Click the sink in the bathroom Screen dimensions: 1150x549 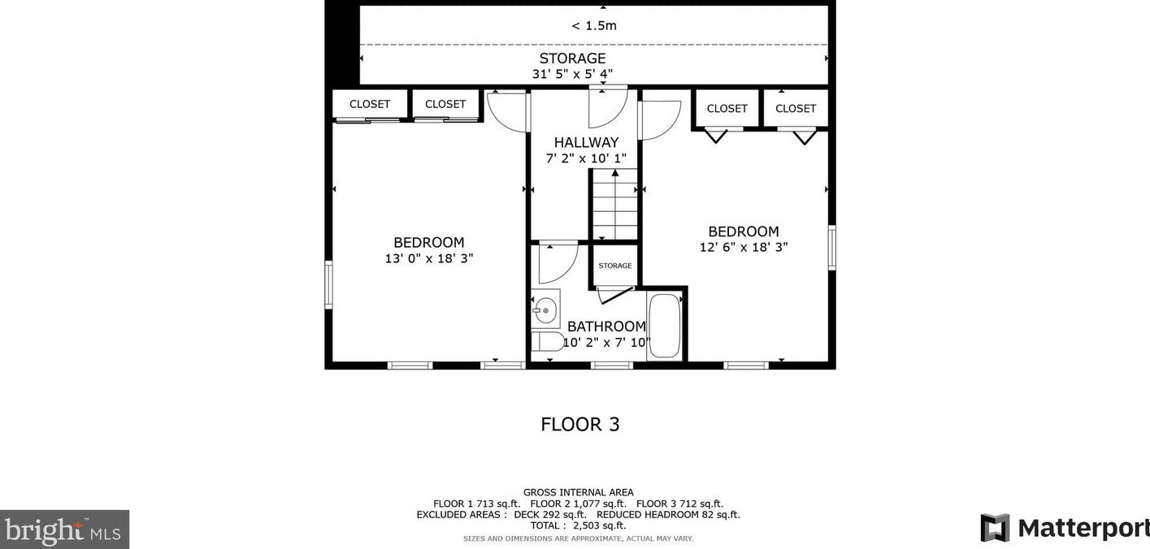coord(545,309)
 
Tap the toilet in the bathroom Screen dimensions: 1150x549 coord(547,341)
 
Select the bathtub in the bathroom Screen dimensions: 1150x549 coord(664,326)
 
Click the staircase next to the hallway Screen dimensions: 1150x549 coord(615,204)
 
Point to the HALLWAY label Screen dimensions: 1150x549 coord(586,142)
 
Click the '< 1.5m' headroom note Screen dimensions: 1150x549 coord(594,25)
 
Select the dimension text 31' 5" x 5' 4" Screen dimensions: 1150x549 coord(572,75)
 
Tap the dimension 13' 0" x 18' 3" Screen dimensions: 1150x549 coord(429,258)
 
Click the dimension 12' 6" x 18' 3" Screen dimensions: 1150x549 coord(744,248)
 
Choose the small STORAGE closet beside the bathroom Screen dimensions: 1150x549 coord(615,265)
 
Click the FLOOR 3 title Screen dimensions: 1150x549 coord(580,424)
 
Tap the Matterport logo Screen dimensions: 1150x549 coord(1065,527)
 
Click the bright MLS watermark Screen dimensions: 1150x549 coord(64,530)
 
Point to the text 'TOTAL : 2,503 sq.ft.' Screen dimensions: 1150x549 coord(578,525)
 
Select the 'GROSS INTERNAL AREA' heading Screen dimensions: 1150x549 coord(578,493)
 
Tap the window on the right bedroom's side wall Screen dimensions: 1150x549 coord(831,248)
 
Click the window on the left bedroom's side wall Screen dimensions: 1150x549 coord(328,285)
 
